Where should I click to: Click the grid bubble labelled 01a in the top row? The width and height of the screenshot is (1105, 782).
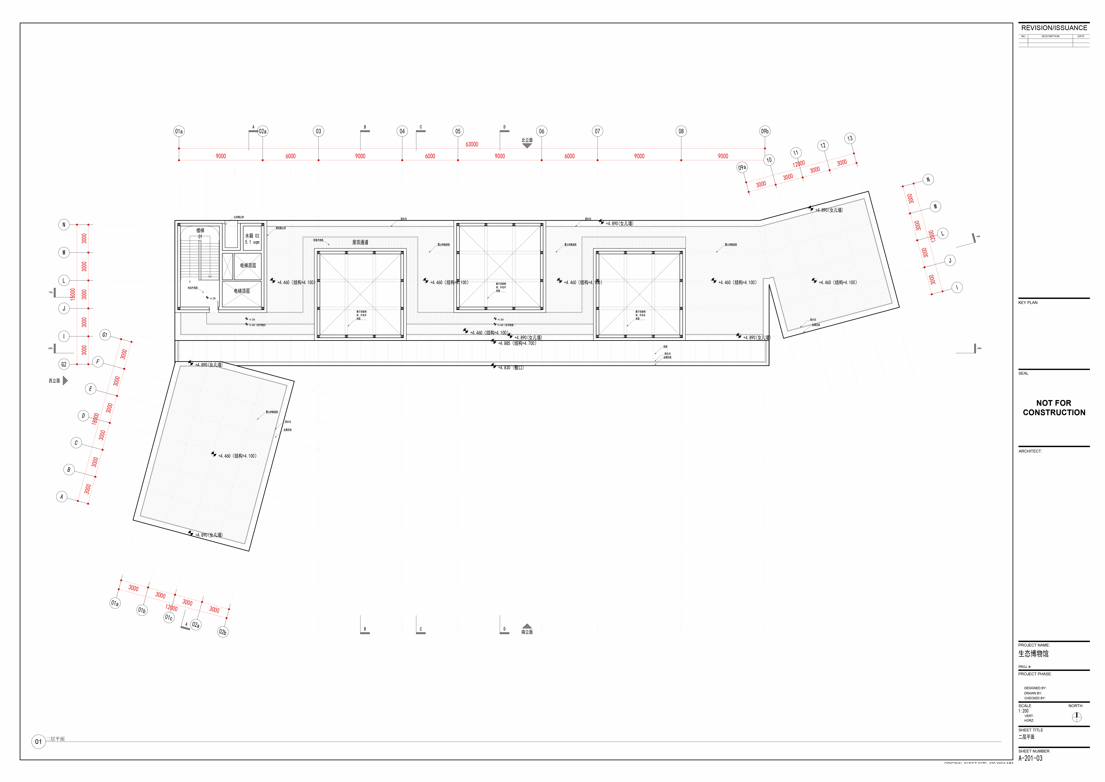tap(179, 131)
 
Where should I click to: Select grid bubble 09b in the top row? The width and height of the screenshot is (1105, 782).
tap(765, 131)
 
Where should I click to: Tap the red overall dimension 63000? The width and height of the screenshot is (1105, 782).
tap(472, 144)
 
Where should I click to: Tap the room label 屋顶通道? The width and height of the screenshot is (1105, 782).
tap(360, 242)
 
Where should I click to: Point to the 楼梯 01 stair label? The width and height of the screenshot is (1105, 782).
tap(200, 233)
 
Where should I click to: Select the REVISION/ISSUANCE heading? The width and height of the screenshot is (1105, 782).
tap(1054, 28)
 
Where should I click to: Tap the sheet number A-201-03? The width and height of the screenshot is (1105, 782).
tap(1030, 758)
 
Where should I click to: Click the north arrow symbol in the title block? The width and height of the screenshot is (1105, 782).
tap(1077, 717)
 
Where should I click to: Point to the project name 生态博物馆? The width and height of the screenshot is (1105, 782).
tap(1033, 653)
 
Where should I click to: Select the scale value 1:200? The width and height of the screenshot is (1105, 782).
tap(1023, 711)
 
